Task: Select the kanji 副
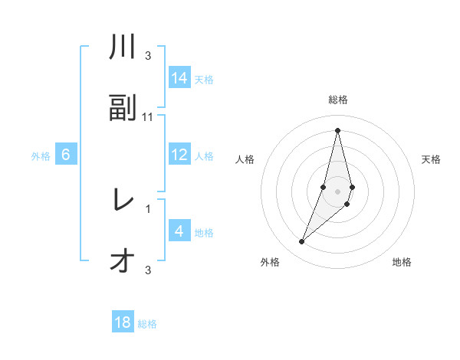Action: (123, 108)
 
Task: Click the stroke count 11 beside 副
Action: (148, 117)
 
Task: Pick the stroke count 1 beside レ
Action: (148, 208)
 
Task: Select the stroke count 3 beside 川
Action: (148, 56)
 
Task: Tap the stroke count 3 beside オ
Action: (148, 270)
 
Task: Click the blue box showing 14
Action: (179, 78)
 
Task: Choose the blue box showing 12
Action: (179, 155)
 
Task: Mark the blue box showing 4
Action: (179, 231)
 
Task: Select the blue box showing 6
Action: (66, 155)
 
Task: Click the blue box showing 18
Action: (123, 322)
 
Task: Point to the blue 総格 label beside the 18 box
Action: (147, 324)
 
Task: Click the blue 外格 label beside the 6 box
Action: (41, 156)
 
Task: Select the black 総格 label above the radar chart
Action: (337, 100)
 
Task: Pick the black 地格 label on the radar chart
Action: (402, 263)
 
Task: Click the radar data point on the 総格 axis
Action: (337, 129)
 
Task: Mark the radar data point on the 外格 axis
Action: (302, 242)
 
